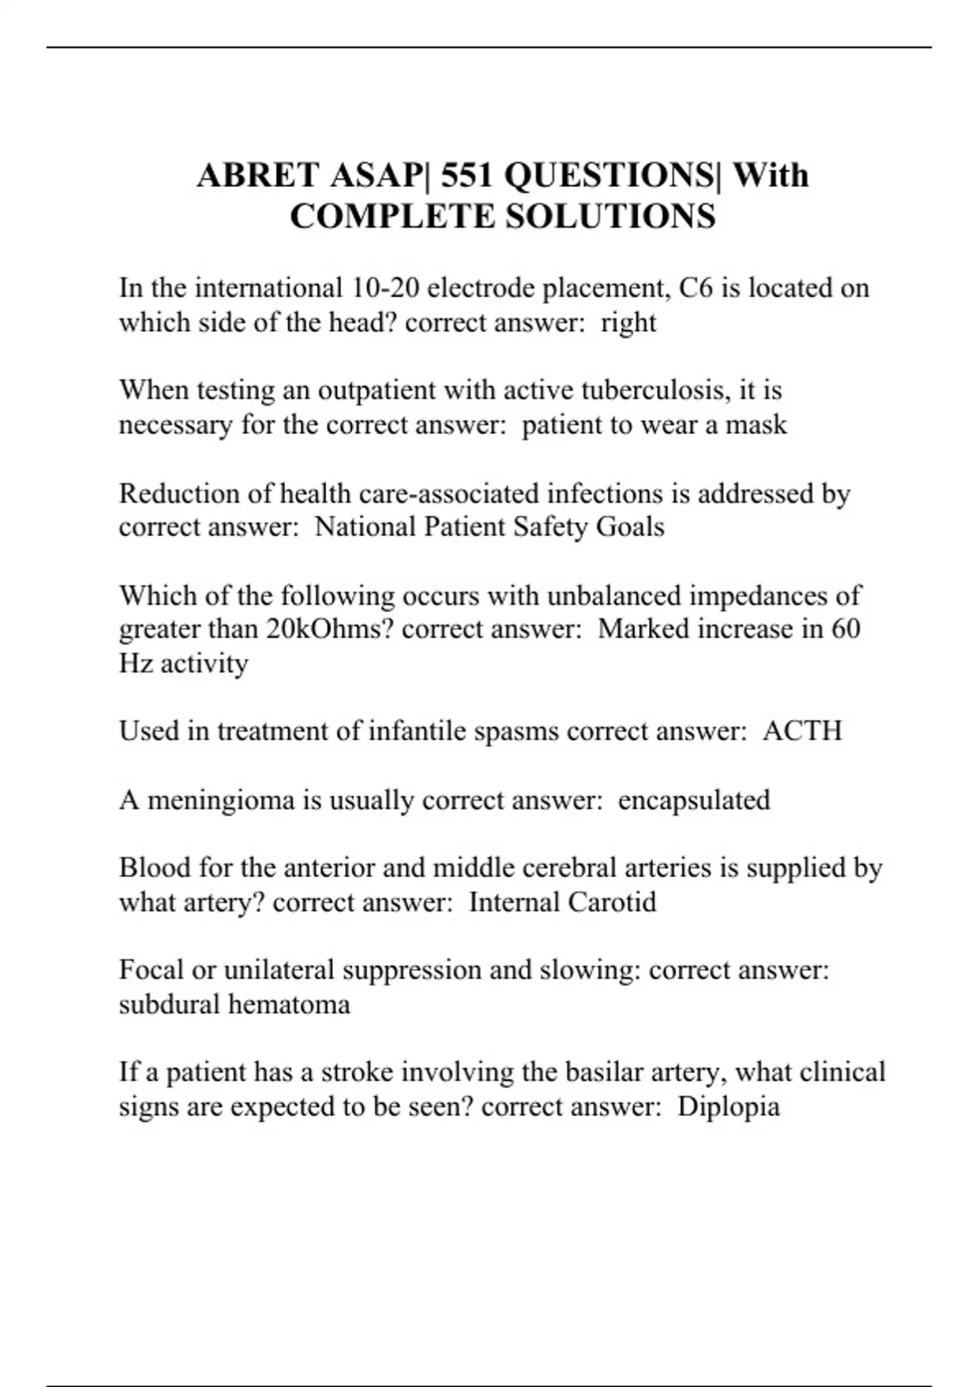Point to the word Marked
644,629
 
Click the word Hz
135,663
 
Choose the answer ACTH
802,730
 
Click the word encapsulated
693,800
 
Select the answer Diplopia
729,1106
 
